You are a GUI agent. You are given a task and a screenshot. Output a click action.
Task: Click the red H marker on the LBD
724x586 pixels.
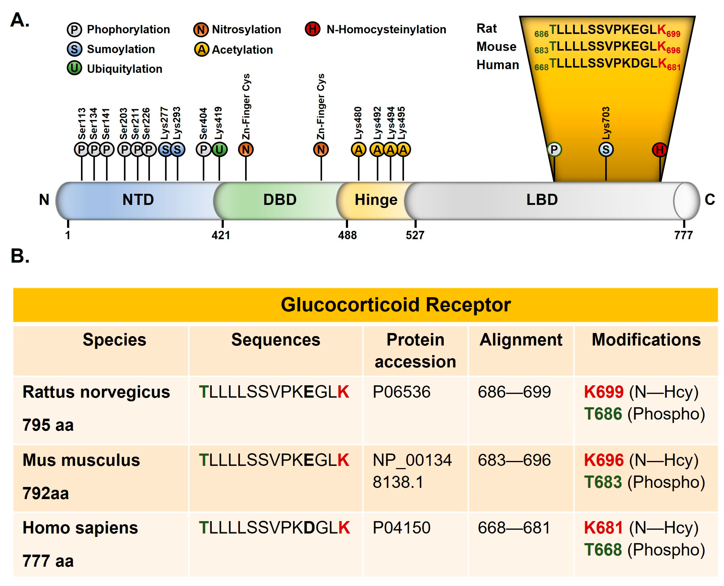point(660,150)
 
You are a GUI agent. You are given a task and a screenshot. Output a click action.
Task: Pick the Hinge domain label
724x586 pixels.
point(376,200)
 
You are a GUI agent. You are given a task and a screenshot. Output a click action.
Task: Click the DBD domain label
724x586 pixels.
point(280,200)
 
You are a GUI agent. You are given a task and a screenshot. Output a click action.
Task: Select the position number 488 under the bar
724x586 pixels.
point(347,235)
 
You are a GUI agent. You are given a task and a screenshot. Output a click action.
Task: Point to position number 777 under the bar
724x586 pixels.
point(683,235)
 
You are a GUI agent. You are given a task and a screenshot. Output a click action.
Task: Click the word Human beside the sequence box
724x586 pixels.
point(497,65)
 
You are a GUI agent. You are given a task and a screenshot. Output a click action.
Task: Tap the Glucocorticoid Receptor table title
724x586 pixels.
point(396,305)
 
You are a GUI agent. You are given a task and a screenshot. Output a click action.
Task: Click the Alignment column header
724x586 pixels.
point(521,340)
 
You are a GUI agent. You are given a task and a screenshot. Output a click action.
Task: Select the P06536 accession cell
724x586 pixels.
point(402,392)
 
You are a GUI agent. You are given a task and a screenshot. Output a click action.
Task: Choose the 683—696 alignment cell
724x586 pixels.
point(514,460)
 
